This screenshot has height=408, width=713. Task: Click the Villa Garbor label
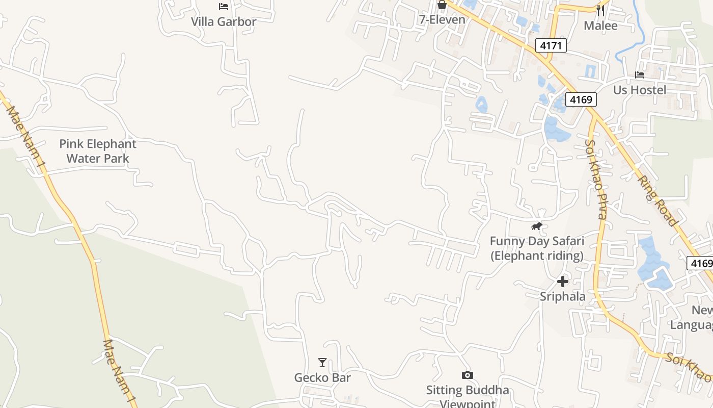(223, 21)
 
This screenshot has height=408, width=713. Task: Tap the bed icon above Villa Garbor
(223, 7)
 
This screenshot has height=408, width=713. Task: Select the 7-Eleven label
(442, 20)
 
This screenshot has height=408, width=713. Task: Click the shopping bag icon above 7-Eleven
(442, 5)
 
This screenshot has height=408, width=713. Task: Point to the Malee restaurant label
(600, 25)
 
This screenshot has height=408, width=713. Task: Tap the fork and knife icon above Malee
(600, 10)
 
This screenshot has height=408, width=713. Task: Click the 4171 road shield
(551, 46)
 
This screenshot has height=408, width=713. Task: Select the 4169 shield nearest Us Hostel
(581, 99)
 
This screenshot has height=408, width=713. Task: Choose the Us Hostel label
(639, 90)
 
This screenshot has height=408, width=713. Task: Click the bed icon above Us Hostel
(640, 75)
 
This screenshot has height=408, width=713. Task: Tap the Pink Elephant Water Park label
(98, 151)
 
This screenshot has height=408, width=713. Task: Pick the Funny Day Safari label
(537, 248)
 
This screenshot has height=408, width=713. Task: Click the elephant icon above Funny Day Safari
(537, 226)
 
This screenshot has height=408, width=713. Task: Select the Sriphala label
(562, 296)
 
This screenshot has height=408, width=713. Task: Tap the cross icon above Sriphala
(562, 281)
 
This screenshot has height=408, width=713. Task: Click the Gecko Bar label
(322, 378)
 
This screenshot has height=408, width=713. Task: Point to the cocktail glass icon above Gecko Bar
(322, 363)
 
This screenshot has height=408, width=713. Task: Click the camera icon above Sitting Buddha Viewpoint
(467, 375)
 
